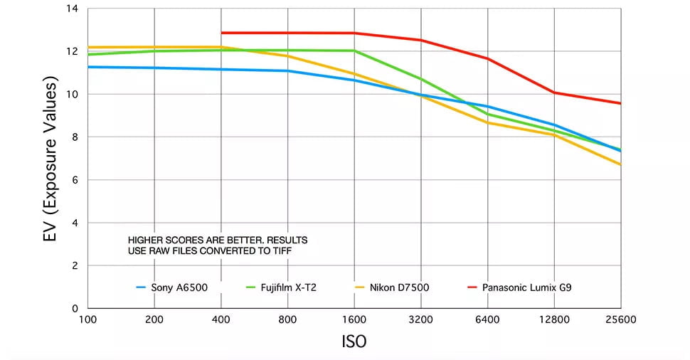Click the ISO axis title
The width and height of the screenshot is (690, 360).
[354, 342]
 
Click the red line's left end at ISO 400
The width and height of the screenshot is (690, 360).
[222, 33]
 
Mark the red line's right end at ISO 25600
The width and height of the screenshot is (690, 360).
[621, 103]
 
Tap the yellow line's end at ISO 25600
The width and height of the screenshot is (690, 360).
[621, 164]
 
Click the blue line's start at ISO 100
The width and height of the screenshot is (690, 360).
[88, 67]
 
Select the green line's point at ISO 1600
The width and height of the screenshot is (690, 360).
[354, 51]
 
